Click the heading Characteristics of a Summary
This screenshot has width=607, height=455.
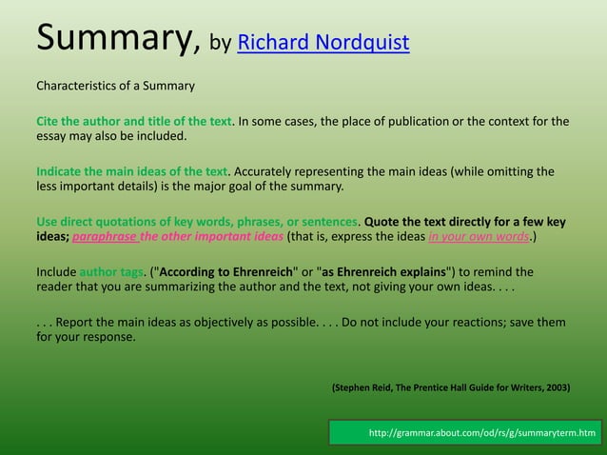115,87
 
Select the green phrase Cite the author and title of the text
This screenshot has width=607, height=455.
134,121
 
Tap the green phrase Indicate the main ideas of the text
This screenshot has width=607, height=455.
132,171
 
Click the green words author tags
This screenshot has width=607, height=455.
111,272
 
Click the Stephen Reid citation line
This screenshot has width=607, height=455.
450,388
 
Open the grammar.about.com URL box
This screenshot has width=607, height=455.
467,434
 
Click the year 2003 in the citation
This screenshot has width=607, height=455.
558,388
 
